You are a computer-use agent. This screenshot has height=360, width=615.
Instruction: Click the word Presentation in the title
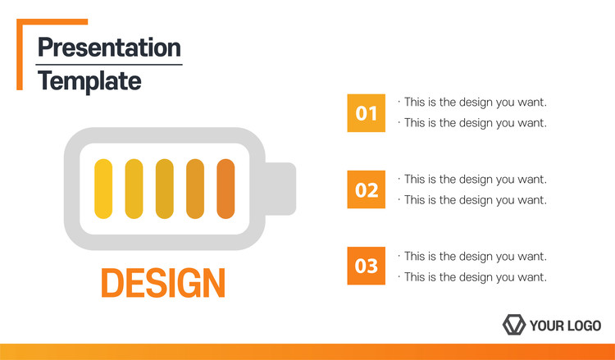tap(109, 48)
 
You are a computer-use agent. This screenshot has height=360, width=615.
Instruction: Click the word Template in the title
tap(89, 81)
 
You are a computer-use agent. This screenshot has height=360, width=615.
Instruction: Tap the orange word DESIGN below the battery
tap(163, 282)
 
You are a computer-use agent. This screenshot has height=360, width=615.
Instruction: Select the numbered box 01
tap(367, 113)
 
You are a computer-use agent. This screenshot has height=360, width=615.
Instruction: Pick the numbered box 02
tap(367, 189)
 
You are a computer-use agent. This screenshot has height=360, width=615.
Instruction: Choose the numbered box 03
tap(367, 266)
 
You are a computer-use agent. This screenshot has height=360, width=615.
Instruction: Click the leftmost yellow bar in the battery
tap(103, 189)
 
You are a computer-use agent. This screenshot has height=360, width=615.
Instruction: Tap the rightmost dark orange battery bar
tap(225, 189)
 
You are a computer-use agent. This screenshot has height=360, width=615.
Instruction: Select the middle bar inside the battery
tap(165, 189)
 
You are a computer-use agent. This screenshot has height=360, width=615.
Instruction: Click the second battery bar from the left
tap(134, 189)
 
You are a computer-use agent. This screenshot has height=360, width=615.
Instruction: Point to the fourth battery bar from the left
tap(195, 189)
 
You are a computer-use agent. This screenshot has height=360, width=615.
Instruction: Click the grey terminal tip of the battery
tap(280, 189)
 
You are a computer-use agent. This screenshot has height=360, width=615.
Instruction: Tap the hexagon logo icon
tap(514, 325)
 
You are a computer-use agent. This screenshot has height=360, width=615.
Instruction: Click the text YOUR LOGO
tap(565, 326)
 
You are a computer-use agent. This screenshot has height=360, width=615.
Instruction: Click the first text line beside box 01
tap(472, 103)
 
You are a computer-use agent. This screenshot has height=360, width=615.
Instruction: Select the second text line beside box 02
tap(472, 200)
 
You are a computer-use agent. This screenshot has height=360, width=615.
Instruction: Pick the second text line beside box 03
tap(472, 277)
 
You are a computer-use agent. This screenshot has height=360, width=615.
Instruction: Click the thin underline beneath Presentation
tap(109, 65)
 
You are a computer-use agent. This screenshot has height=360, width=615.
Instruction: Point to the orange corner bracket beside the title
tap(20, 54)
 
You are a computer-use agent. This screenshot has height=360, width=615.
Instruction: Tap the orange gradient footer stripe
tap(307, 352)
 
